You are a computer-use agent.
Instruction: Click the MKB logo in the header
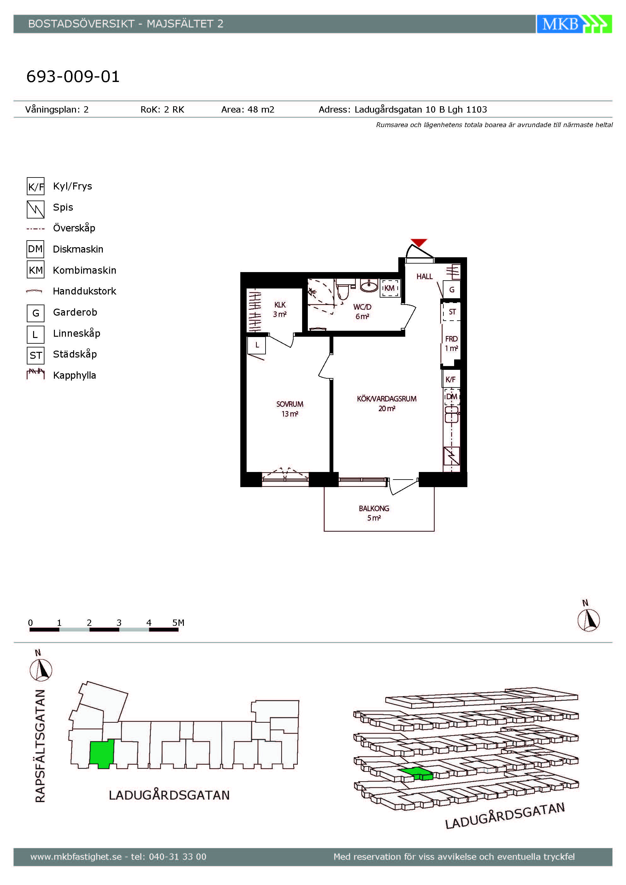point(574,24)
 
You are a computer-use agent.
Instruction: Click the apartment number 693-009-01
point(73,76)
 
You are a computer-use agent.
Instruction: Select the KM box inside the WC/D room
point(390,288)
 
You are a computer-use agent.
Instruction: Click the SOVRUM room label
point(290,404)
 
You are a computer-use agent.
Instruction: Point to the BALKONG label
point(374,509)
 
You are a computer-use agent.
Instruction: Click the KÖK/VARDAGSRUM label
point(387,399)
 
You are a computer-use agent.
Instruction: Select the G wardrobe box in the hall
point(452,289)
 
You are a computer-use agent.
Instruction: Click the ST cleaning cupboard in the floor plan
point(452,312)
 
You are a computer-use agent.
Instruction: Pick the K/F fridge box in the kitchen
point(451,379)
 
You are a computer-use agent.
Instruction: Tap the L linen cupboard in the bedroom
point(257,345)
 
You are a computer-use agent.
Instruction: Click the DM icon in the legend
point(35,249)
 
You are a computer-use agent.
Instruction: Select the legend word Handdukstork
point(85,291)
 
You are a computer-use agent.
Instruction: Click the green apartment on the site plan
point(102,754)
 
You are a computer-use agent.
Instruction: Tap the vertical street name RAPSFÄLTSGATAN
point(40,746)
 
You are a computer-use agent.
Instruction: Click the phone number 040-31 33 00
point(178,857)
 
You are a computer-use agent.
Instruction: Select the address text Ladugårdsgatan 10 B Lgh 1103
point(421,109)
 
